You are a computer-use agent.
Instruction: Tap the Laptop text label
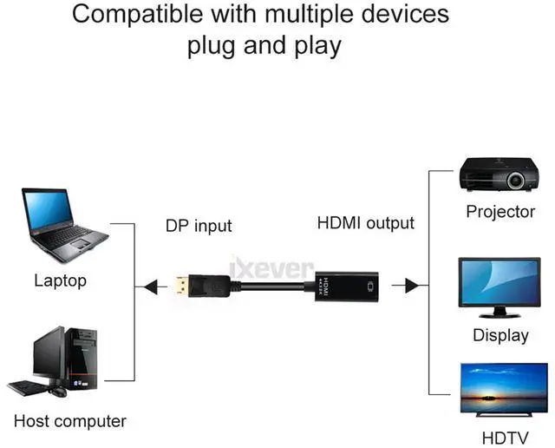tap(60, 281)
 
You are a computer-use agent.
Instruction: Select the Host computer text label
tap(70, 421)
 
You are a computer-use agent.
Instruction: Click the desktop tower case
tap(82, 358)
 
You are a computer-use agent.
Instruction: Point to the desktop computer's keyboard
tap(28, 387)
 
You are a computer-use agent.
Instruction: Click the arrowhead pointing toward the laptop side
tap(151, 287)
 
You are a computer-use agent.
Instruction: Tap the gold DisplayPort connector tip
tap(182, 286)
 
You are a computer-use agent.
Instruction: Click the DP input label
tap(199, 226)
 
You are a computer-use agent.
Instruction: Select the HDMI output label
tap(366, 223)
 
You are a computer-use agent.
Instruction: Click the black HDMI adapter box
tap(347, 287)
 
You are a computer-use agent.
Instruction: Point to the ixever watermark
tap(271, 268)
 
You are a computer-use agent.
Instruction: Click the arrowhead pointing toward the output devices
tap(412, 286)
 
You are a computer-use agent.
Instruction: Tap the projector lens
tap(515, 181)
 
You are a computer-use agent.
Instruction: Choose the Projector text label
tap(500, 212)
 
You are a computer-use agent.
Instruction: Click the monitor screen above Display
tap(499, 282)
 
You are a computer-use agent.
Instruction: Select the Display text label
tap(500, 335)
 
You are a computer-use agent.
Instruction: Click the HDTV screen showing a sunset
tap(504, 388)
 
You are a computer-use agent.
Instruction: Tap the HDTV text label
tap(505, 438)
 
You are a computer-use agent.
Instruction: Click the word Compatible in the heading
tap(137, 14)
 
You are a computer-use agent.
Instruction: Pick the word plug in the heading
tap(212, 47)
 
